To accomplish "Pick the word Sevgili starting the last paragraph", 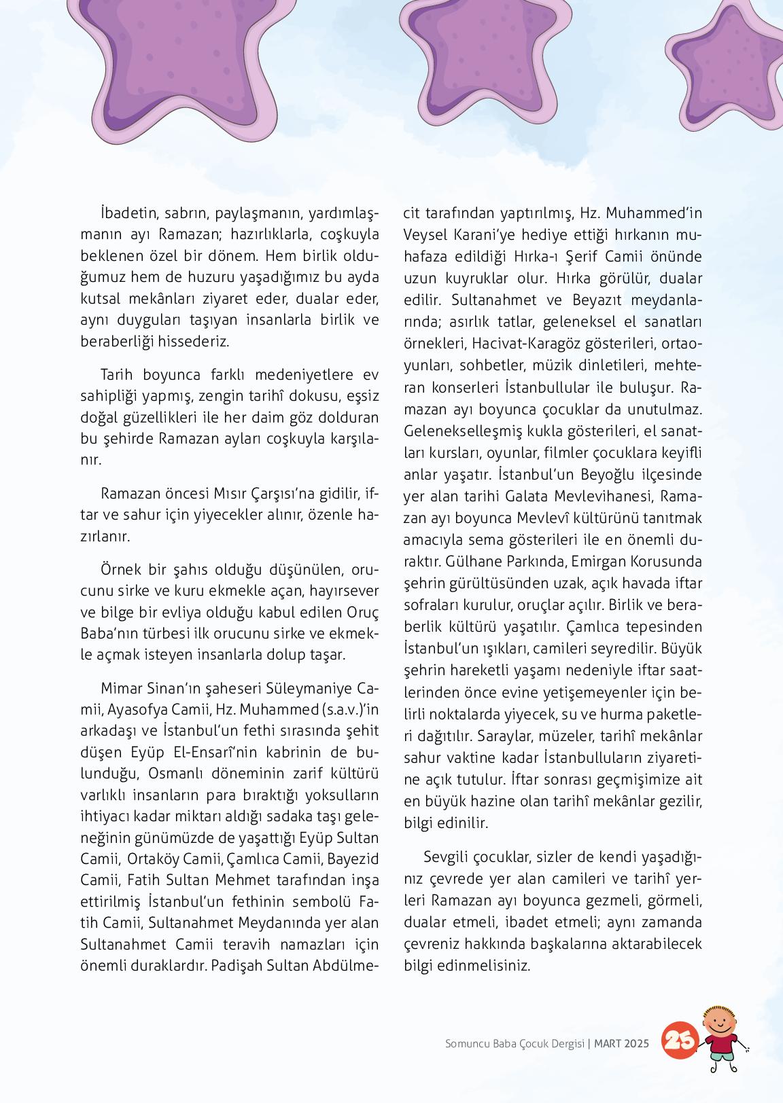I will click(447, 857).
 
